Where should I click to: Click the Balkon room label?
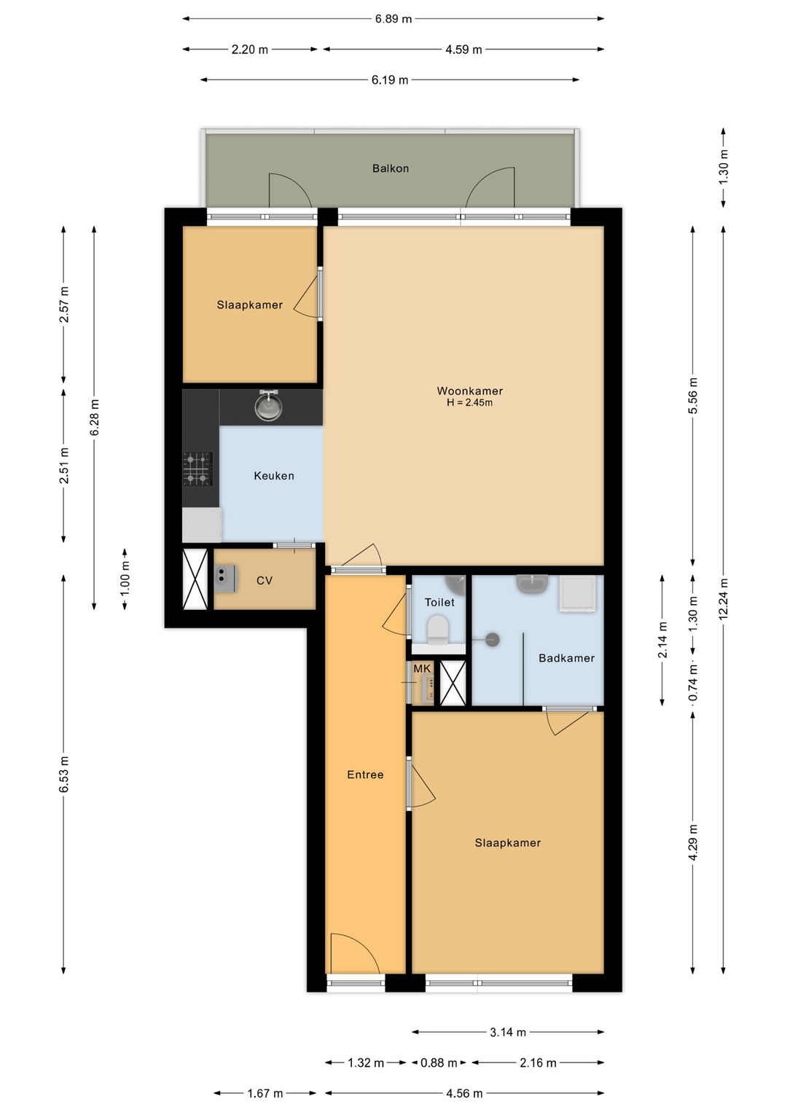[391, 168]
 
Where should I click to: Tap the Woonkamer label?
[470, 391]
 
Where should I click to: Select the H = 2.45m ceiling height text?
[470, 402]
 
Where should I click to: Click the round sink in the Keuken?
[267, 404]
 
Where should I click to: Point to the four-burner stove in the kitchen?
[197, 468]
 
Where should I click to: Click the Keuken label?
[273, 476]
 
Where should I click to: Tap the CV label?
[264, 580]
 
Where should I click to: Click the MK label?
[422, 669]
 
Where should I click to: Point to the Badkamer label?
[566, 658]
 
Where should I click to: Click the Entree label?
[365, 775]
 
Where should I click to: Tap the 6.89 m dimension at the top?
[393, 19]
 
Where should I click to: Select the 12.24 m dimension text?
[723, 599]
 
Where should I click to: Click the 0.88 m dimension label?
[439, 1063]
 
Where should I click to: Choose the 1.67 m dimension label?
[265, 1093]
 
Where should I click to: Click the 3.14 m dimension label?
[508, 1033]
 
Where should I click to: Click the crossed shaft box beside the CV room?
[195, 579]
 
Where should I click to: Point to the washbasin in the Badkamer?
[532, 584]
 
